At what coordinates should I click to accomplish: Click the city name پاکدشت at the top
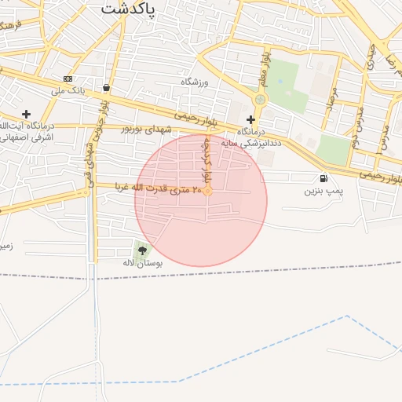(x=129, y=9)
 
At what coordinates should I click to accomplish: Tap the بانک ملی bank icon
(x=68, y=79)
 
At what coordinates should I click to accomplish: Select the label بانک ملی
(x=68, y=90)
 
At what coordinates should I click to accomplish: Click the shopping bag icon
(x=106, y=88)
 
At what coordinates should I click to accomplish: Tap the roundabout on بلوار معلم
(x=260, y=100)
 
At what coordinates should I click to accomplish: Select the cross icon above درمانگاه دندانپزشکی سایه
(x=251, y=119)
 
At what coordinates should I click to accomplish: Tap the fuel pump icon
(x=323, y=179)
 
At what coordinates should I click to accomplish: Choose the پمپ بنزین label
(x=324, y=191)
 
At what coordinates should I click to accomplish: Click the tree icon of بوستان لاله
(x=142, y=250)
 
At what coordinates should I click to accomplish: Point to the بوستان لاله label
(x=143, y=264)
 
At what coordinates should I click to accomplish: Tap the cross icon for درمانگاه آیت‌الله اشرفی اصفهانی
(x=26, y=114)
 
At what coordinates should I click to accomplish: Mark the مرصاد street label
(x=331, y=102)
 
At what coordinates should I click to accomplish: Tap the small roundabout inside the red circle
(x=208, y=190)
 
